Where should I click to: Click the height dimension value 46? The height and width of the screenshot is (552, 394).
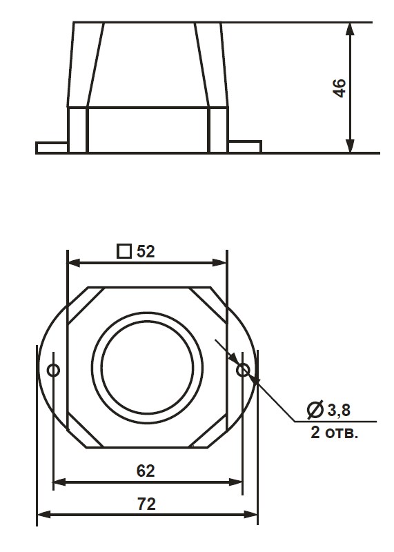[339, 88]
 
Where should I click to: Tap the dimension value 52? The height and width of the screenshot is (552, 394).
[146, 251]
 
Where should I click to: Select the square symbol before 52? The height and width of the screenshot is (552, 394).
[124, 251]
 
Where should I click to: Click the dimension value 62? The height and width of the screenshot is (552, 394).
[146, 471]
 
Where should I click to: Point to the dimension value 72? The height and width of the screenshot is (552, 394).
[146, 504]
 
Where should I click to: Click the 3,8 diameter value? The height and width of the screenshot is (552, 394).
[339, 410]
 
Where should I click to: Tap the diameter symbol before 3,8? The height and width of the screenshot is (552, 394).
[315, 410]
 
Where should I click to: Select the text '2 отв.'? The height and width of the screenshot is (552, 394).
[334, 433]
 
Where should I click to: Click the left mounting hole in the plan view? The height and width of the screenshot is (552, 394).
[54, 370]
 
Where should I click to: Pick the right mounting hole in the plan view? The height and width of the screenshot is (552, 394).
[243, 370]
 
